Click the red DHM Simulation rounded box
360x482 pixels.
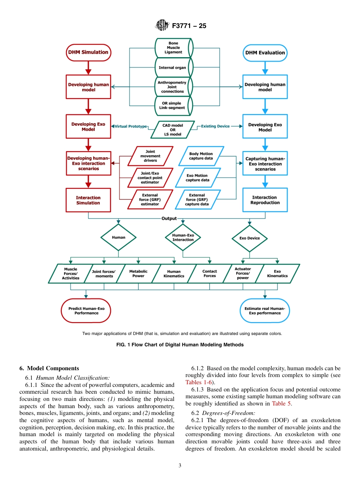[88, 52]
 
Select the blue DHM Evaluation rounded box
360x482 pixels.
[265, 53]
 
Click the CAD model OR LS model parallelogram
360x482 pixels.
[172, 130]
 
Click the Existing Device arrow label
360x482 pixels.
[215, 126]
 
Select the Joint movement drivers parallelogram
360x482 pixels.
[150, 156]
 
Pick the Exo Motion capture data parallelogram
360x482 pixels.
[197, 178]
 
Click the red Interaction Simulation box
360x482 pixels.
[88, 200]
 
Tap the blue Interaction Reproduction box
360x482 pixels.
[265, 200]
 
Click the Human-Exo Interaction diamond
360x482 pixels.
[183, 238]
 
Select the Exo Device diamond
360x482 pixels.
[250, 238]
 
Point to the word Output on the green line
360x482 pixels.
[169, 218]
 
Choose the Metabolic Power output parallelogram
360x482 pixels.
[138, 274]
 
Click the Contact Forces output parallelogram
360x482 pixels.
[210, 274]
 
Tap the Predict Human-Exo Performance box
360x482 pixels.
[86, 311]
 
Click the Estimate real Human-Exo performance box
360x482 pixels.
[265, 311]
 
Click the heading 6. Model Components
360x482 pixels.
[49, 368]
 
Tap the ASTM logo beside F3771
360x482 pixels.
[162, 26]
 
